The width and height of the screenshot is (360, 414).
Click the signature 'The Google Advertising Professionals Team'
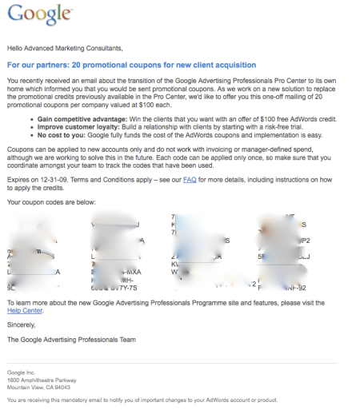pyautogui.click(x=70, y=339)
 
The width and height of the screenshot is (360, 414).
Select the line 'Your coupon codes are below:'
pyautogui.click(x=50, y=202)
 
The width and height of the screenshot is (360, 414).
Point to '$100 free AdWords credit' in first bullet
pyautogui.click(x=306, y=117)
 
